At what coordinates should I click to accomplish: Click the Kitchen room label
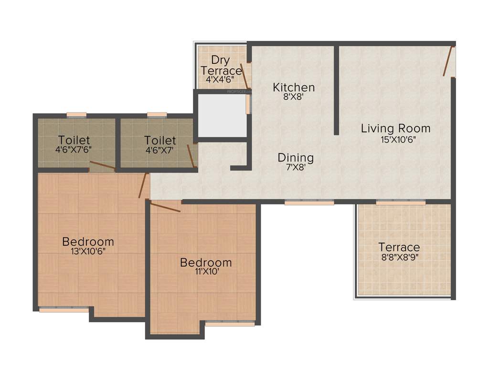tap(294, 87)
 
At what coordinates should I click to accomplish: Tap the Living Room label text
tap(395, 128)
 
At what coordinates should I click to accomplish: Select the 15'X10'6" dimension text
tap(395, 140)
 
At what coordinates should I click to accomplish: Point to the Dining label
tap(296, 157)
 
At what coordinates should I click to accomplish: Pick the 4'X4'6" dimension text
tap(220, 80)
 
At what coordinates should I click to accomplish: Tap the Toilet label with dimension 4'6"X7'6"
tap(74, 140)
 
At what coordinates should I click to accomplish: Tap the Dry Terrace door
tap(244, 75)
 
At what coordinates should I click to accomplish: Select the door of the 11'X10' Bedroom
tap(165, 207)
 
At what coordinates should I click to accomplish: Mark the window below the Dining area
tap(309, 203)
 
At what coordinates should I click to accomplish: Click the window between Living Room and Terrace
tap(400, 203)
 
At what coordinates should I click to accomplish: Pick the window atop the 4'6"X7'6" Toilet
tap(76, 115)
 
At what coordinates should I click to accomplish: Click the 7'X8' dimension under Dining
tap(296, 167)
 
